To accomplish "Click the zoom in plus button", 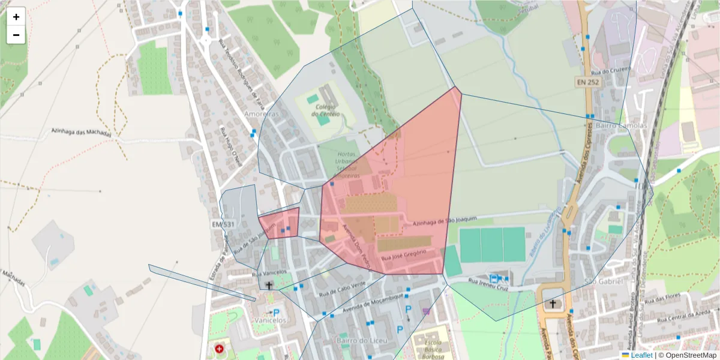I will pyautogui.click(x=16, y=17).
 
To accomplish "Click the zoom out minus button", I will pyautogui.click(x=16, y=35).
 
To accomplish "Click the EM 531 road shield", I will pyautogui.click(x=223, y=224).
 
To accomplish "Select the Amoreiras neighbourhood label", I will pyautogui.click(x=260, y=113).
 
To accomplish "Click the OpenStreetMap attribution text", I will pyautogui.click(x=688, y=355).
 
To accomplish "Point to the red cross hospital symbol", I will pyautogui.click(x=219, y=348).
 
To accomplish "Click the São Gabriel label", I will pyautogui.click(x=602, y=281).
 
